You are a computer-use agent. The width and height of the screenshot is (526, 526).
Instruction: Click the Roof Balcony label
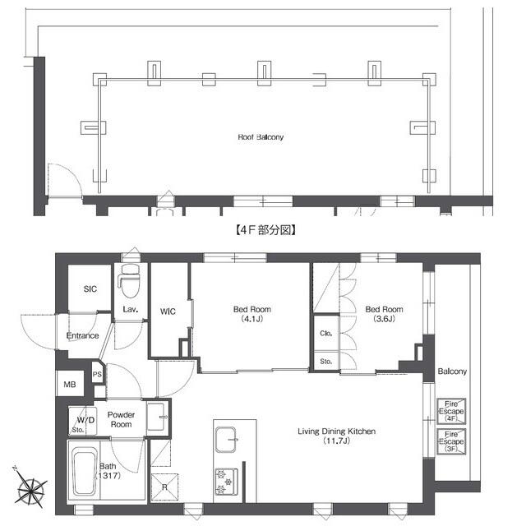[261, 137]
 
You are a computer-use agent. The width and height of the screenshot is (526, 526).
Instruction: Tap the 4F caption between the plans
[265, 230]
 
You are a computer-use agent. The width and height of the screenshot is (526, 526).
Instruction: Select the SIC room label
[90, 288]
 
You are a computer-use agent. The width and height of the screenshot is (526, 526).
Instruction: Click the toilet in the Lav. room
[130, 281]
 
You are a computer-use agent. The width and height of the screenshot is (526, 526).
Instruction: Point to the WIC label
[168, 311]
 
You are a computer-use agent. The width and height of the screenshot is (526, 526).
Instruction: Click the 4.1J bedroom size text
[252, 319]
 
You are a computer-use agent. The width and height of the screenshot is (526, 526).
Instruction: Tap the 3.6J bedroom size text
[384, 319]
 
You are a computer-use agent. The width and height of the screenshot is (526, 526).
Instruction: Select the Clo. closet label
[325, 333]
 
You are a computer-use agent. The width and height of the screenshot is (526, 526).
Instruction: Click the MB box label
[70, 385]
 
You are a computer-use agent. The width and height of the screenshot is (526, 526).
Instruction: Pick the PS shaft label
[97, 374]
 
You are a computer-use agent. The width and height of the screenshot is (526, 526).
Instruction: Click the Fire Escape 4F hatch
[451, 411]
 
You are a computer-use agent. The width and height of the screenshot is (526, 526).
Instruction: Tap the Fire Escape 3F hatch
[451, 441]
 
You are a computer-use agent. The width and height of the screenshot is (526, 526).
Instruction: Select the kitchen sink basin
[225, 440]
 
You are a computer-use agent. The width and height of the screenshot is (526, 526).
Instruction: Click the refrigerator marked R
[164, 487]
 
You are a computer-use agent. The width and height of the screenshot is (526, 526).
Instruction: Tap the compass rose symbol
[31, 487]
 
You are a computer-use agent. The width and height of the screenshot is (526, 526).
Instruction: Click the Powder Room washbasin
[156, 418]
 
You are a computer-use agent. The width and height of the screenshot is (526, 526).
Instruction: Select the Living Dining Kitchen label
[336, 431]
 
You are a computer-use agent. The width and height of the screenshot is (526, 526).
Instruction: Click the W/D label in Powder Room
[85, 420]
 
